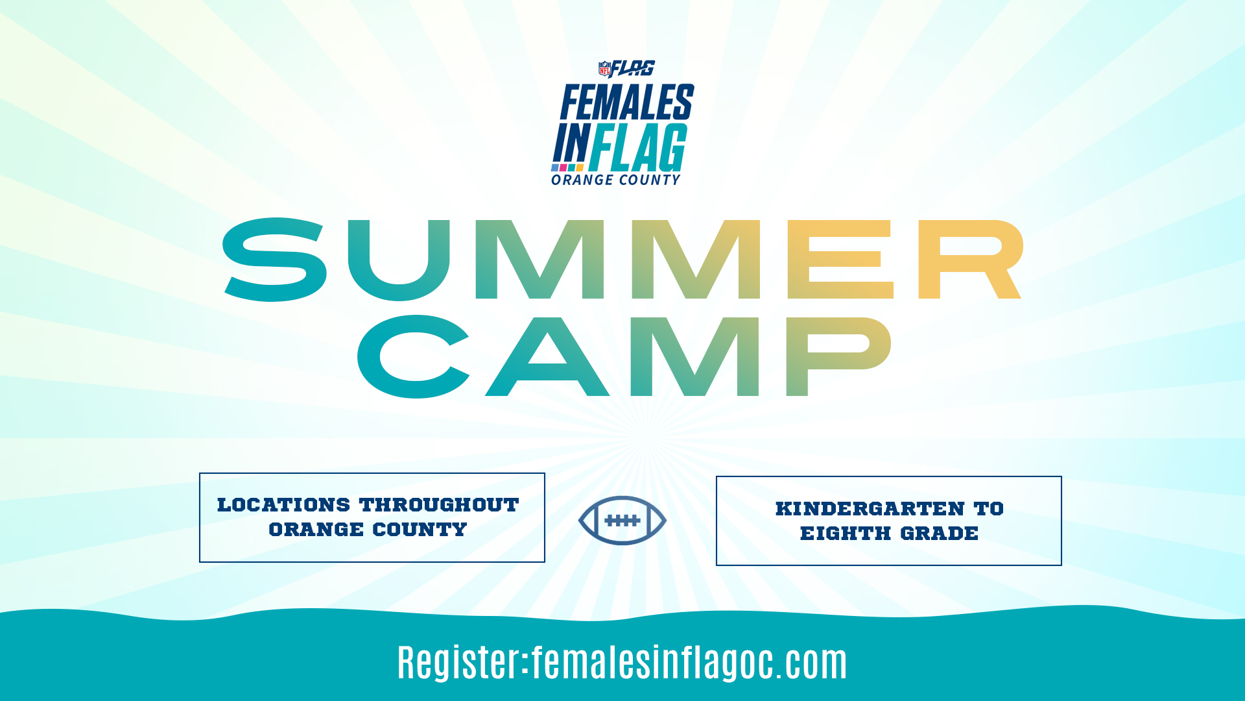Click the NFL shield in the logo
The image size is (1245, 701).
click(x=605, y=68)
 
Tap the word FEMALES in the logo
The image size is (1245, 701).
click(x=627, y=103)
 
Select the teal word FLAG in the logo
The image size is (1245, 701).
click(x=638, y=147)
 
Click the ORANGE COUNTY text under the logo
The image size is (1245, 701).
click(x=616, y=180)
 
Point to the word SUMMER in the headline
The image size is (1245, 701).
click(x=622, y=259)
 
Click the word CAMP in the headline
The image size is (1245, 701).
click(x=624, y=356)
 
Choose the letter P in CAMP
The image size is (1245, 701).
click(x=839, y=356)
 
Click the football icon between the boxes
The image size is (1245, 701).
click(x=622, y=521)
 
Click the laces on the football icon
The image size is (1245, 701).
click(x=622, y=521)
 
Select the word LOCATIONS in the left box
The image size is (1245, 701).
click(x=283, y=505)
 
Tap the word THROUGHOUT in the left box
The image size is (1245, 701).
click(x=440, y=505)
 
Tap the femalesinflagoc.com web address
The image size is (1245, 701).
click(x=689, y=663)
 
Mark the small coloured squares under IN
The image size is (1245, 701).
click(x=568, y=167)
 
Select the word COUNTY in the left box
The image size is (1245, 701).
click(x=420, y=530)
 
